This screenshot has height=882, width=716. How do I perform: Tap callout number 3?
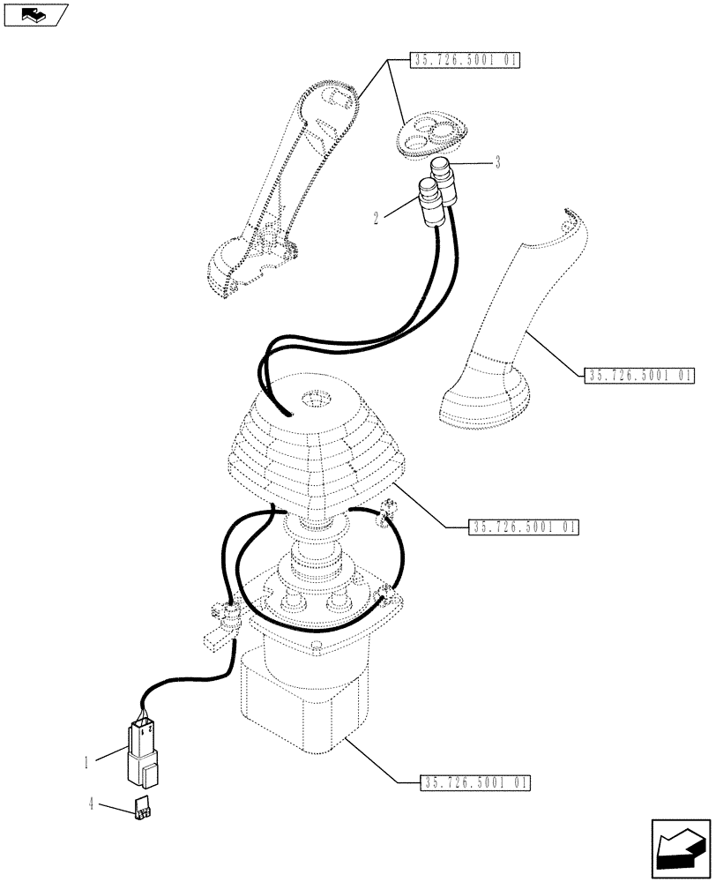click(x=498, y=162)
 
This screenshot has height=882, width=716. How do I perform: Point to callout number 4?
click(x=93, y=804)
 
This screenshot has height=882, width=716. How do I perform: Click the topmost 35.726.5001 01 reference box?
click(x=465, y=61)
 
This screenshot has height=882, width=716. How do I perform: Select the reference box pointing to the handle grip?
click(x=639, y=376)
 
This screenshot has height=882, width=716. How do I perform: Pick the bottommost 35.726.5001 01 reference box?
click(x=464, y=781)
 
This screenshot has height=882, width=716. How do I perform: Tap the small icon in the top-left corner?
click(x=36, y=14)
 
